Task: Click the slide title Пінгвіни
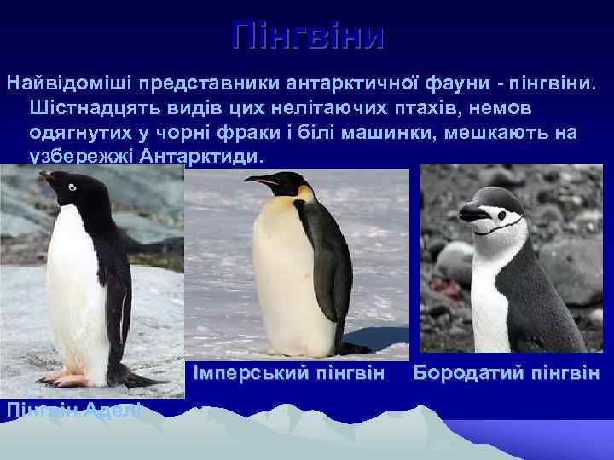click(x=308, y=36)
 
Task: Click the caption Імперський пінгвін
click(x=289, y=373)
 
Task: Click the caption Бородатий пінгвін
click(x=507, y=373)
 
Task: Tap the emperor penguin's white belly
click(x=286, y=273)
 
